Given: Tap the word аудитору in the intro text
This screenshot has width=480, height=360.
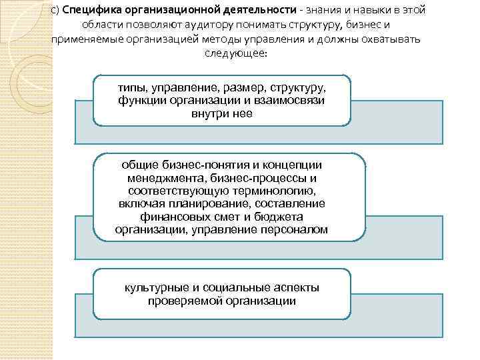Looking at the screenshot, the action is click(x=213, y=25).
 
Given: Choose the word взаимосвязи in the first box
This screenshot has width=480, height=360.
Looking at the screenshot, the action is click(x=295, y=101).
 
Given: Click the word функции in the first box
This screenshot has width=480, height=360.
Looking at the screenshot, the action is click(x=141, y=101).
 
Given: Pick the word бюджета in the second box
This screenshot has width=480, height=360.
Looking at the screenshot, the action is click(x=281, y=217).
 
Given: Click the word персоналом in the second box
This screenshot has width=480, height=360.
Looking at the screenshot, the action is click(x=294, y=229).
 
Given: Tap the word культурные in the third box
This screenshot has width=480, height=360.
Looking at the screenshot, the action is click(x=157, y=287).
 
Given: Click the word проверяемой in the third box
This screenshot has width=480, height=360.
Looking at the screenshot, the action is click(x=185, y=301).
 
